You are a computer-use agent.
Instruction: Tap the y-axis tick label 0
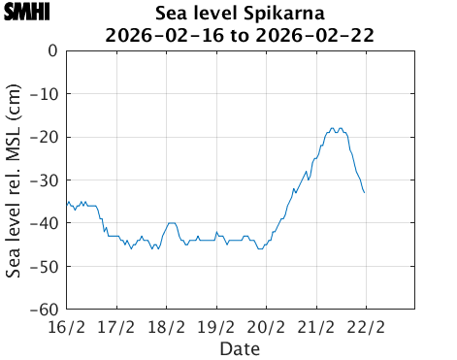pyautogui.click(x=52, y=51)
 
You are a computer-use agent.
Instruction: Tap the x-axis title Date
pyautogui.click(x=240, y=347)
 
